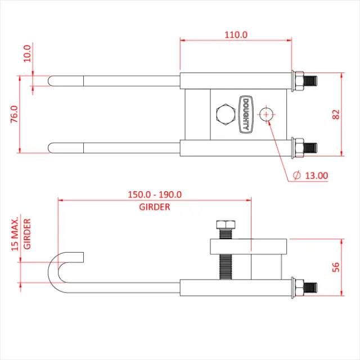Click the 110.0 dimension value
point(236,34)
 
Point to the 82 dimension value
point(336,114)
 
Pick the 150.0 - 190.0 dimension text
point(154,195)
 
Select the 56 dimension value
point(336,266)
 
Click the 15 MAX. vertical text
point(15,232)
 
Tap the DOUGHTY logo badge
point(245,114)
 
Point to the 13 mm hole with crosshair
point(266,114)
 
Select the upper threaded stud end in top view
point(310,80)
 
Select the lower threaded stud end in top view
point(310,148)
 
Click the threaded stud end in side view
point(310,286)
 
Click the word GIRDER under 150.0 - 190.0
point(154,206)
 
